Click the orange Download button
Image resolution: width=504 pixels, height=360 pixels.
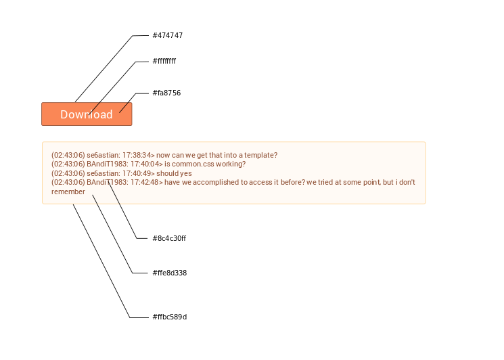click(x=87, y=114)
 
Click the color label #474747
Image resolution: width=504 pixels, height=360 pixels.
click(x=168, y=35)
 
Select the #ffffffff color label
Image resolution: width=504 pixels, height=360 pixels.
click(x=164, y=61)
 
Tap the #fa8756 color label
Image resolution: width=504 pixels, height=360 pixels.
click(x=166, y=93)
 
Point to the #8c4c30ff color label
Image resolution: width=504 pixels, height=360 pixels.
click(x=169, y=238)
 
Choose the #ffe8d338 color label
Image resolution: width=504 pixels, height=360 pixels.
click(x=170, y=273)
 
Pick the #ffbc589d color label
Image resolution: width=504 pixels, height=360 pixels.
click(x=170, y=317)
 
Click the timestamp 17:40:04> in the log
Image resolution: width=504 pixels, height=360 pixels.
click(x=147, y=164)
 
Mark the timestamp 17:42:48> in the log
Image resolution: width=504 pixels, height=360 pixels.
click(x=147, y=182)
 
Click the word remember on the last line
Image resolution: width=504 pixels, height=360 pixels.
click(x=68, y=192)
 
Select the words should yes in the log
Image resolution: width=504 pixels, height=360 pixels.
click(x=175, y=173)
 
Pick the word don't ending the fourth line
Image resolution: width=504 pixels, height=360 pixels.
click(x=407, y=182)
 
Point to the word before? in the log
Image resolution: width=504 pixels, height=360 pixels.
click(x=293, y=182)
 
